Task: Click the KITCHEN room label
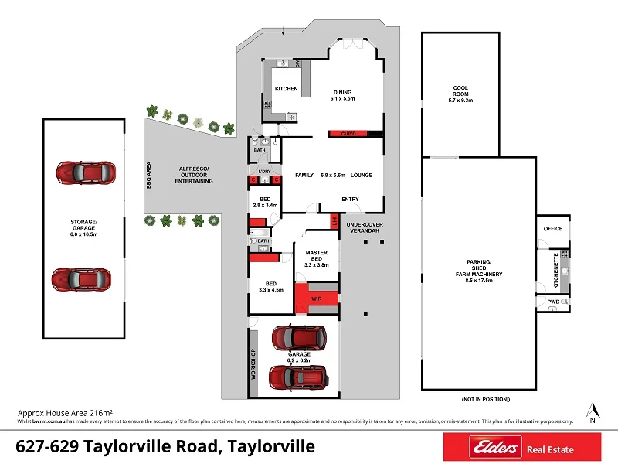coord(286,89)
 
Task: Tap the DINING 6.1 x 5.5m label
coord(342,94)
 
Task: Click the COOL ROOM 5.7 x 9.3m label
coord(460,94)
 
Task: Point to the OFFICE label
coord(552,229)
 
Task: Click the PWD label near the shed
coord(553,301)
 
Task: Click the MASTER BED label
coord(316,258)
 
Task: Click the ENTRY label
coord(350,199)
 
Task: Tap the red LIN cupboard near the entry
coord(334,221)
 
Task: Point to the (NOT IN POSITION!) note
coord(486,399)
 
